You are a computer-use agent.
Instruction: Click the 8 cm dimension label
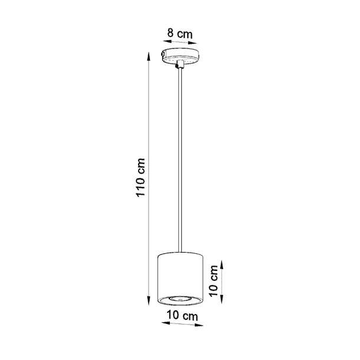[180, 34]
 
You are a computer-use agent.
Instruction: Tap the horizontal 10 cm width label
[181, 317]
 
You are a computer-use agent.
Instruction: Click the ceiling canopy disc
[181, 57]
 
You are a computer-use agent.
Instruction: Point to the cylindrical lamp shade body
[181, 276]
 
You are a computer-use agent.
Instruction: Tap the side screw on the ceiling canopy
[164, 55]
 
